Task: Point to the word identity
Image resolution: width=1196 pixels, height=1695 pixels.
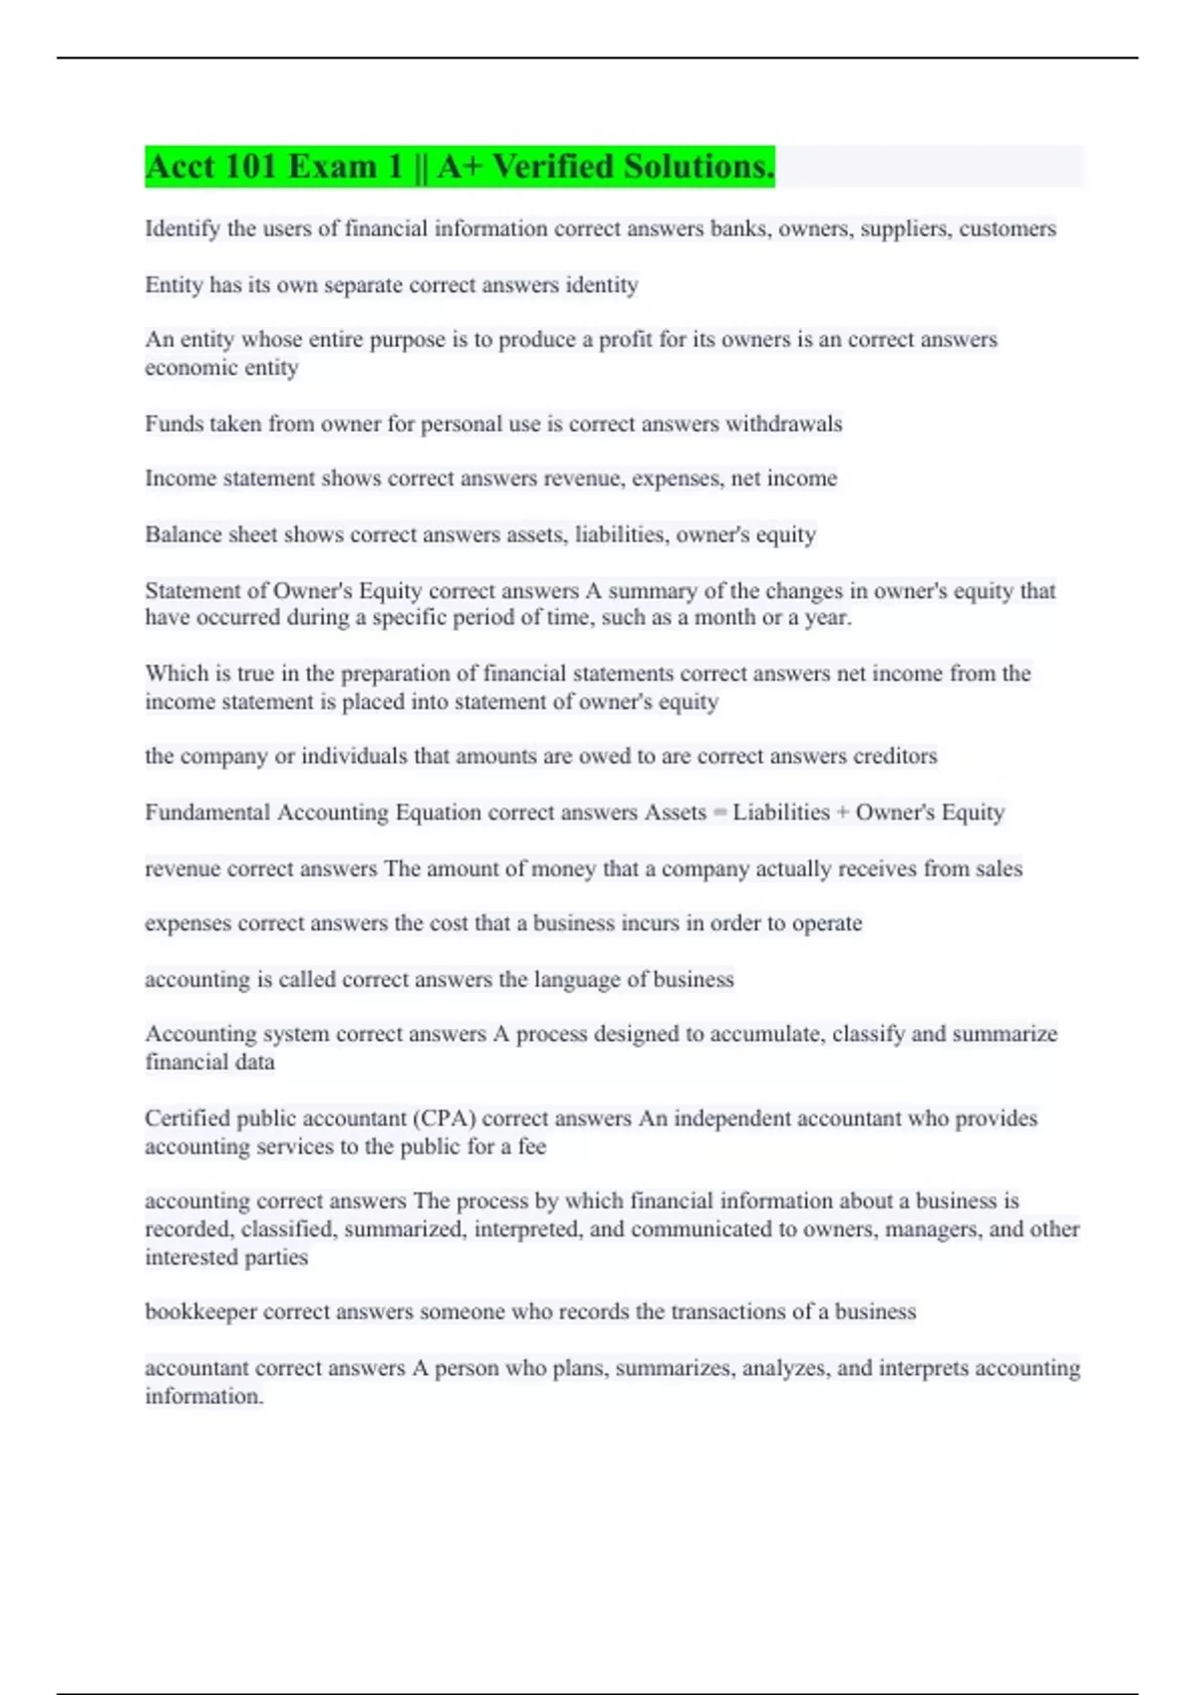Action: click(x=601, y=285)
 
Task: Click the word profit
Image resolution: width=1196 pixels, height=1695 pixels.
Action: click(x=623, y=340)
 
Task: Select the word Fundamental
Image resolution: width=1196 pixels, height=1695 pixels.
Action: click(x=207, y=813)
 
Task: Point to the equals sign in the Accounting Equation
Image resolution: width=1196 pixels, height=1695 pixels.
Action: click(x=719, y=813)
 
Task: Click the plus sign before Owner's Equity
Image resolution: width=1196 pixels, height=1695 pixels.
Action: click(x=842, y=813)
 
